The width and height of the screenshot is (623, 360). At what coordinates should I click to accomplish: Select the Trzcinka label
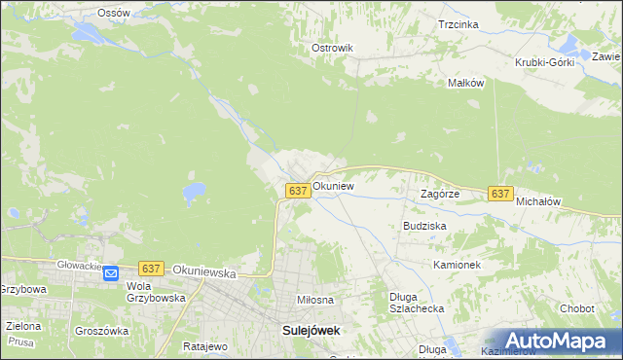pos(458,24)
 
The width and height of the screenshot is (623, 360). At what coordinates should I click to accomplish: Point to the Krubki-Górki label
pos(545,62)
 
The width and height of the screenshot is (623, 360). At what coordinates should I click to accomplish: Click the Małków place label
pos(465,84)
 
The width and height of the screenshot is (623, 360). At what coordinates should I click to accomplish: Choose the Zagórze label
pos(439,194)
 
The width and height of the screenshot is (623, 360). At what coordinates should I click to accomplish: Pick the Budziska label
pos(424,226)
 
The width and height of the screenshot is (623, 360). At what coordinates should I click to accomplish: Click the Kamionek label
pos(458,265)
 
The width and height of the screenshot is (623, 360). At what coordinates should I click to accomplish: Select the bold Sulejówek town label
pos(311,331)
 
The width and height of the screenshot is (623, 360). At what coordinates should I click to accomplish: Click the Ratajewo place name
pos(204,345)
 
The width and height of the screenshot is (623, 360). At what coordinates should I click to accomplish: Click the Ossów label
pos(114,13)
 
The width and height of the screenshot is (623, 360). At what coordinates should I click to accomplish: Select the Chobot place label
pos(576,308)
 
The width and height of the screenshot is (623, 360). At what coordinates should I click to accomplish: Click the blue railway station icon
pos(110,274)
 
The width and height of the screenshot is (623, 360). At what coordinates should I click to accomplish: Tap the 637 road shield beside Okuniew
pos(299,192)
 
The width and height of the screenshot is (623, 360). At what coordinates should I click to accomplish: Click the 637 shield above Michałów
pos(500,195)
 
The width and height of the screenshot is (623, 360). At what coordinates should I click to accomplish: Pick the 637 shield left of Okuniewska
pos(150,268)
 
